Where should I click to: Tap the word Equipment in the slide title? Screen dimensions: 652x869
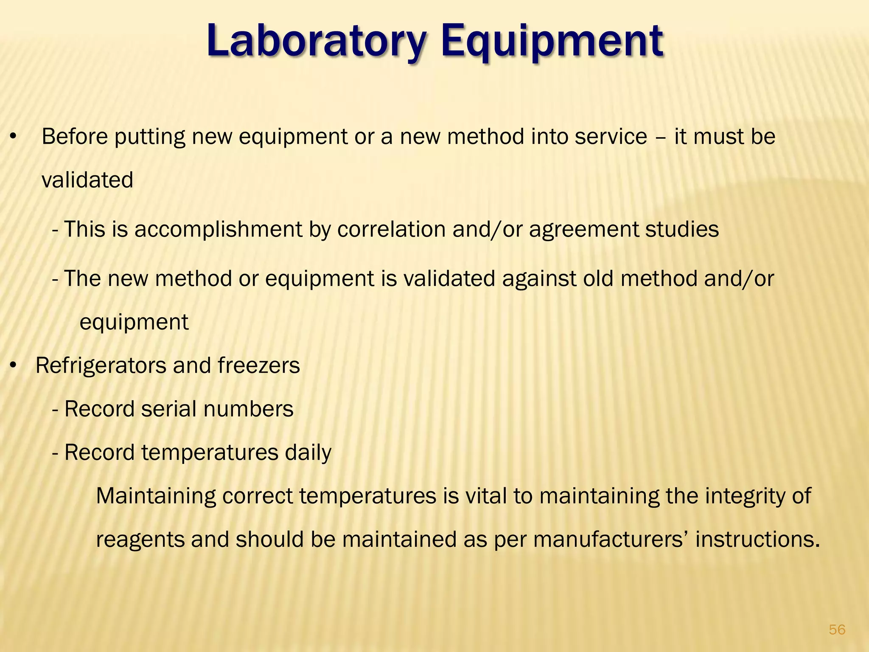point(552,41)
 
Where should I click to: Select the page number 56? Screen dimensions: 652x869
point(837,630)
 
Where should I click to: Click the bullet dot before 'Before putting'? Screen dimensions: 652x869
point(14,137)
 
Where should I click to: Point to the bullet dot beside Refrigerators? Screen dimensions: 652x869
point(14,365)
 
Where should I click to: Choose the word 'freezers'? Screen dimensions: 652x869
point(259,365)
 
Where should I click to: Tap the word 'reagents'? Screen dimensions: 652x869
point(140,540)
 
